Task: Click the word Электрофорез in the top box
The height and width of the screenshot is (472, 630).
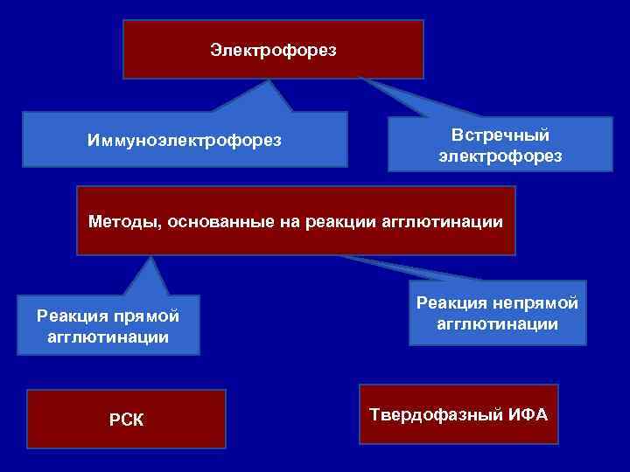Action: (x=273, y=50)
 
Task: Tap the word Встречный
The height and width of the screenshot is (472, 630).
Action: (x=500, y=135)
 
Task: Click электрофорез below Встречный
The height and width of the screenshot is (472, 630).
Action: (x=500, y=156)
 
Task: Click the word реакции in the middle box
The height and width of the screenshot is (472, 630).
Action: (x=341, y=221)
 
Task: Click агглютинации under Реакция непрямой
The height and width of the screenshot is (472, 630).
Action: (x=498, y=323)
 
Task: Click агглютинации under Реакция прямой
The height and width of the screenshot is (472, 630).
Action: (x=109, y=337)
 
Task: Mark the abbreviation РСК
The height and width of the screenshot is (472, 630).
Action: (x=127, y=421)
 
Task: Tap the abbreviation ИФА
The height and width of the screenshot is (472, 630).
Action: (x=528, y=413)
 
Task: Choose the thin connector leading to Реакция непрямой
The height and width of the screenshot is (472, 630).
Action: (x=402, y=267)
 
